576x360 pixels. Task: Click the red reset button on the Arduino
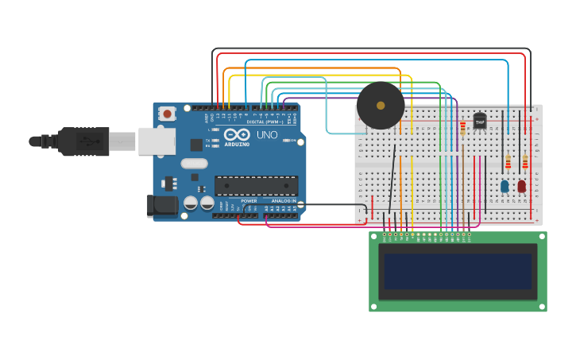(x=167, y=114)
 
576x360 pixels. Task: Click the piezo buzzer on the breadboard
(x=381, y=106)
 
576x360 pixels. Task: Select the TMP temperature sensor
(x=480, y=121)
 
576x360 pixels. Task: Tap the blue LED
(x=504, y=186)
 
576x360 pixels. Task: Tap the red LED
(x=521, y=186)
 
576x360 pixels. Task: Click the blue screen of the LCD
(x=458, y=271)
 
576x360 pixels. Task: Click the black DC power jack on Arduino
(x=164, y=206)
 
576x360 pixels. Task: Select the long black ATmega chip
(x=257, y=185)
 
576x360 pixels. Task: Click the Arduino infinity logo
(x=236, y=135)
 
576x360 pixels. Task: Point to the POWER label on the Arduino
(x=249, y=201)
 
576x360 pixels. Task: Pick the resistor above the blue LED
(x=508, y=162)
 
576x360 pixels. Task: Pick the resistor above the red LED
(x=524, y=162)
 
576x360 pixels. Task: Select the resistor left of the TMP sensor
(x=462, y=128)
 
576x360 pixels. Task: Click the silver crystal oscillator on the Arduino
(x=194, y=164)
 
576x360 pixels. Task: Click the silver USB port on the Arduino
(x=157, y=141)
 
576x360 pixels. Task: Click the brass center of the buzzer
(x=381, y=106)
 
